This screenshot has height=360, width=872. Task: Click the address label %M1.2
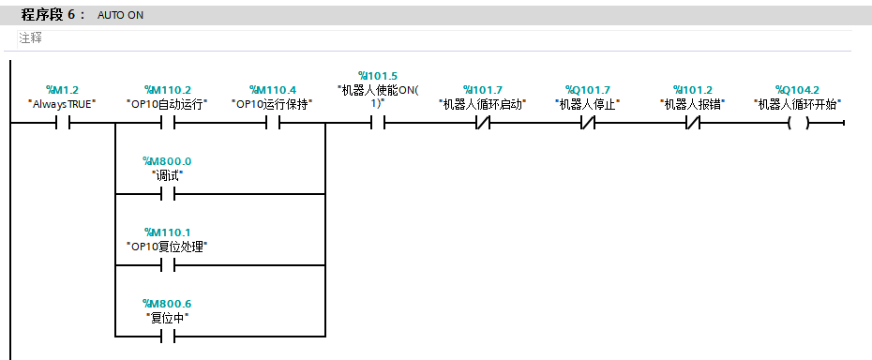pos(62,90)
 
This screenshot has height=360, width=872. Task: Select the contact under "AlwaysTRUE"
pos(62,123)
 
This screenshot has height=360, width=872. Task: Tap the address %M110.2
pos(168,90)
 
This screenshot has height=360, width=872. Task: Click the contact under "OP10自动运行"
pos(168,123)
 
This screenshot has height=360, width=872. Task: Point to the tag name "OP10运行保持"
pos(273,104)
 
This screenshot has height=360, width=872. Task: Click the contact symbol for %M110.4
pos(273,123)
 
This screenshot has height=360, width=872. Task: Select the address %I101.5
pos(378,76)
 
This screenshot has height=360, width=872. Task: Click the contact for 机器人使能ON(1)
pos(378,123)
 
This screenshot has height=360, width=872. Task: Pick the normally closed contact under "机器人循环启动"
pos(483,123)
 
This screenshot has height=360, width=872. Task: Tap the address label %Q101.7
pos(587,90)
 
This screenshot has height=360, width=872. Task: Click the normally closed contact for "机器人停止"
pos(587,123)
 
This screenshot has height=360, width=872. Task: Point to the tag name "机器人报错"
pos(692,104)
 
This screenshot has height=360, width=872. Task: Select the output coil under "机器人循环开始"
pos(798,123)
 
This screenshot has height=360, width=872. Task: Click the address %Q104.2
pos(798,90)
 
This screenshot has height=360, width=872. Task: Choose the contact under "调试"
pos(168,194)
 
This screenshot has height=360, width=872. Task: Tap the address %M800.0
pos(168,161)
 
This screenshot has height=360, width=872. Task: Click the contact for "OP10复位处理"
pos(168,265)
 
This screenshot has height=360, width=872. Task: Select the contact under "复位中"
pos(168,337)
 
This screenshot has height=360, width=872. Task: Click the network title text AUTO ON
pos(120,16)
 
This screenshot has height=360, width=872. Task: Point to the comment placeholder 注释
pos(31,38)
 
